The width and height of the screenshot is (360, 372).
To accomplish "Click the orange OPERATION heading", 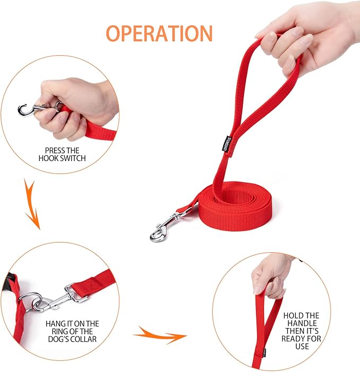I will (159, 33).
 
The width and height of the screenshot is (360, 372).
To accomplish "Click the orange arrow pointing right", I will (160, 335).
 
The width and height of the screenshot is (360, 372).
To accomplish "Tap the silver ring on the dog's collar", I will (30, 301).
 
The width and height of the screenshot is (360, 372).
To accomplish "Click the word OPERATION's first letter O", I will (115, 33).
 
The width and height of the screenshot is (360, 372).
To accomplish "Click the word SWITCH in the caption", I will (72, 158).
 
